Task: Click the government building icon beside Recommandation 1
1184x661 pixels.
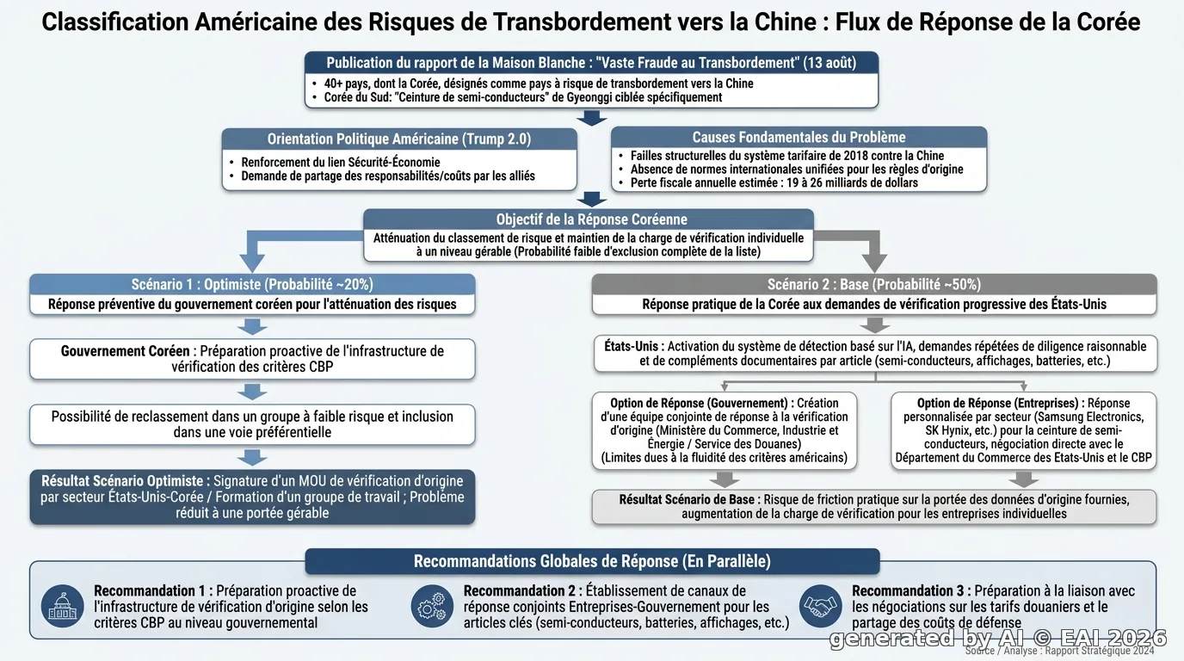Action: tap(62, 606)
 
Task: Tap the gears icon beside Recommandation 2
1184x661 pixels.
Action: tap(432, 606)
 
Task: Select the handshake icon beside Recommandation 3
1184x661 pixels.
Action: tap(820, 606)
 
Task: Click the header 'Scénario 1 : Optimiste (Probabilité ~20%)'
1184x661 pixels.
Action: tap(252, 285)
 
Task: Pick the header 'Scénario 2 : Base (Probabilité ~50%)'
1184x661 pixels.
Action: tap(874, 285)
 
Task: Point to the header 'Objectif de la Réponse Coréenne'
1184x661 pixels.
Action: tap(591, 219)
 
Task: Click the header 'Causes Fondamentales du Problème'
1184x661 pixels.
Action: tap(799, 138)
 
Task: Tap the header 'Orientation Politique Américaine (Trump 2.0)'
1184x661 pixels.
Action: tap(399, 139)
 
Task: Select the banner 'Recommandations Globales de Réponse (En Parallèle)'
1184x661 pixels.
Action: tap(592, 561)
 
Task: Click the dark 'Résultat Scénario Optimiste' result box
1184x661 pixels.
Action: tap(252, 497)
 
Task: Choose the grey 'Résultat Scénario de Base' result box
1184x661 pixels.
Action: tap(874, 507)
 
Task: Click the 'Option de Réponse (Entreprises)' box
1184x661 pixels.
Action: tap(1023, 430)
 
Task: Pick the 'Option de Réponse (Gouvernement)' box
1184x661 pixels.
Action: tap(725, 430)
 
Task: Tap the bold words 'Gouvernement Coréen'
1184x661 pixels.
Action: tap(126, 351)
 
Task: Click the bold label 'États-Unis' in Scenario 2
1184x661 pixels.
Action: tap(631, 346)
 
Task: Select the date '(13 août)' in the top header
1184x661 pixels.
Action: tap(829, 63)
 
